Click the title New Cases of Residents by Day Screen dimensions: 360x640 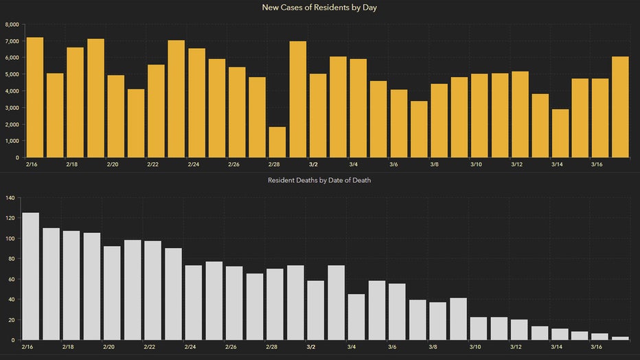tap(319, 8)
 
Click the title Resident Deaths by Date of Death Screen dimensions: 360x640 tap(319, 181)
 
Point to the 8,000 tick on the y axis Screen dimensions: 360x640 tap(12, 24)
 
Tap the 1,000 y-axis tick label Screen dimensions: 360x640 tap(12, 141)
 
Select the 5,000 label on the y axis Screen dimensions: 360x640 tap(12, 74)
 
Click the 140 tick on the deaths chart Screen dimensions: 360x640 tap(9, 198)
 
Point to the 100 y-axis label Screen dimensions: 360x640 tap(9, 238)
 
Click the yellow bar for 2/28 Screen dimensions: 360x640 tap(277, 142)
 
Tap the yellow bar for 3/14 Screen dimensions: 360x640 tap(560, 133)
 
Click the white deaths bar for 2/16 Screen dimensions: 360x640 tap(31, 276)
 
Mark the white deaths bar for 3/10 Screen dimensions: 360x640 tap(479, 328)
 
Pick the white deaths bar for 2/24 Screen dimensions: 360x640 tap(194, 302)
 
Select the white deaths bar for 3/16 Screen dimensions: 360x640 tap(600, 337)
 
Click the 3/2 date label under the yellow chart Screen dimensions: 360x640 tap(313, 165)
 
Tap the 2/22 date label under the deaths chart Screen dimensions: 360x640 tap(152, 348)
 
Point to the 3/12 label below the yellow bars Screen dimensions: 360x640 tap(516, 165)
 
